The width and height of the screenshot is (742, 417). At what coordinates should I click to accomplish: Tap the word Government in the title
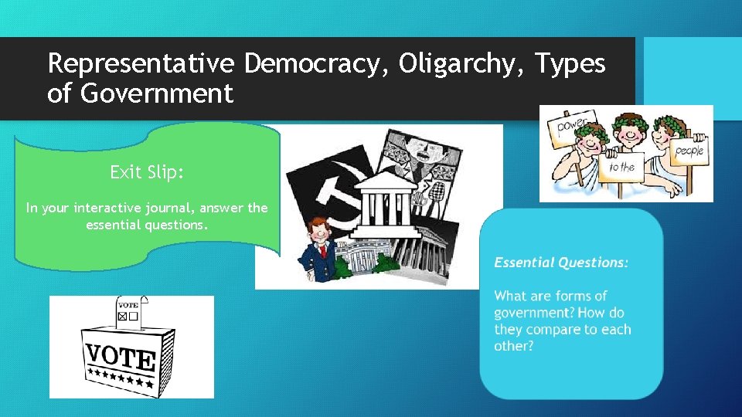click(156, 94)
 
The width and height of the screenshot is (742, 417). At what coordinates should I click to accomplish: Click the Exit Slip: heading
click(147, 172)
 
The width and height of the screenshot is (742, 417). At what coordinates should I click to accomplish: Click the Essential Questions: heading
click(561, 263)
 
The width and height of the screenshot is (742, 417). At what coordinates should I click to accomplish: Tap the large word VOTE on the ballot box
click(120, 357)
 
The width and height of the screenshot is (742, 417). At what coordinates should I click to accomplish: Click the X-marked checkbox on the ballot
click(122, 315)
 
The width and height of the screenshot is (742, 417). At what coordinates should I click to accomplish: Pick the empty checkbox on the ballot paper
click(133, 315)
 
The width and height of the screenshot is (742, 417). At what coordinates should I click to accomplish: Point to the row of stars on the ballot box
click(120, 379)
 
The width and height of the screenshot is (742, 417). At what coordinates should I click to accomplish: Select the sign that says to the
click(623, 167)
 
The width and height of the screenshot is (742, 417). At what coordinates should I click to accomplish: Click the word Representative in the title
click(142, 64)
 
